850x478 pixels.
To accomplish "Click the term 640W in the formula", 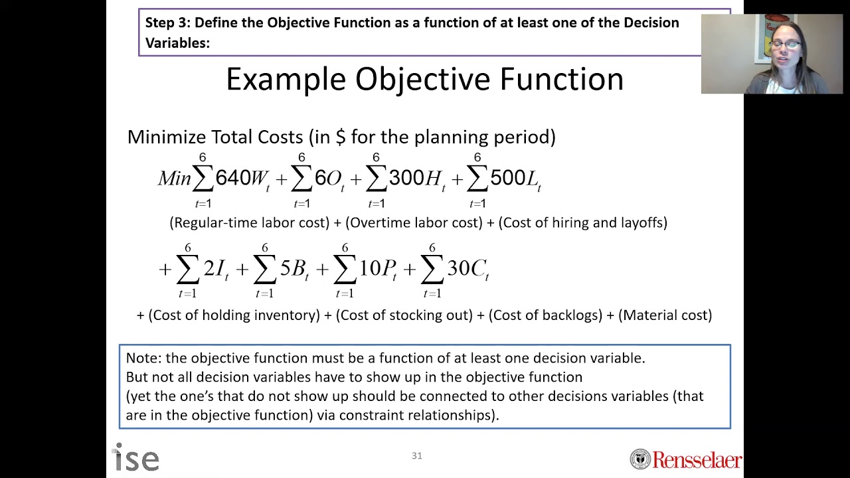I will click(x=242, y=178).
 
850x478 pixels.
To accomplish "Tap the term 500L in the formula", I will click(x=515, y=178).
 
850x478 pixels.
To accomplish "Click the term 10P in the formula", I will click(x=378, y=269).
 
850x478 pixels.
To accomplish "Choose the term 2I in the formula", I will click(x=216, y=269).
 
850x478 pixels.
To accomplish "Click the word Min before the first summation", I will click(x=174, y=178).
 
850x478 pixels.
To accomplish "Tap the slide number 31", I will click(x=417, y=455).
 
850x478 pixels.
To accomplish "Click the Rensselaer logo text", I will click(x=697, y=459).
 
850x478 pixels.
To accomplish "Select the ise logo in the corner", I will click(x=137, y=458).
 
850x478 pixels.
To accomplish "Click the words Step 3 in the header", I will click(x=166, y=23).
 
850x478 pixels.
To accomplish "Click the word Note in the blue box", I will click(x=143, y=358).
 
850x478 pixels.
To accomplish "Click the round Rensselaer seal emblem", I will click(x=640, y=459).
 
